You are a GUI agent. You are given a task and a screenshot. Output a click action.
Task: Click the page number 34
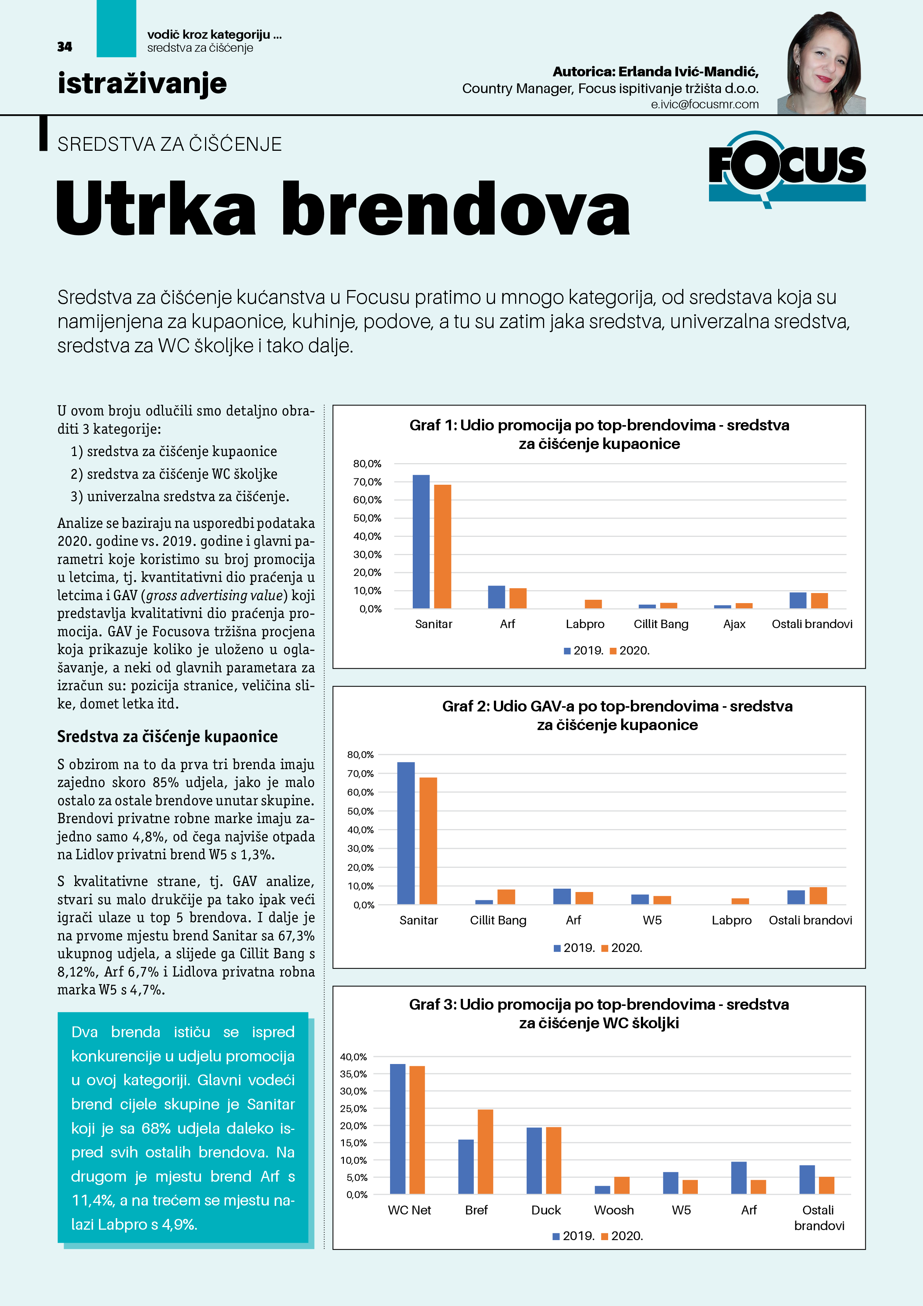pyautogui.click(x=65, y=47)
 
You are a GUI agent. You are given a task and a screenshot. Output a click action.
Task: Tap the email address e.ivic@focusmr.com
pyautogui.click(x=705, y=104)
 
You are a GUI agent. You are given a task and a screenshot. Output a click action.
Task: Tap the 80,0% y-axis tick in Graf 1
pyautogui.click(x=367, y=464)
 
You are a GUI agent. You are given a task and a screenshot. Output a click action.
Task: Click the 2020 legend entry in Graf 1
pyautogui.click(x=630, y=650)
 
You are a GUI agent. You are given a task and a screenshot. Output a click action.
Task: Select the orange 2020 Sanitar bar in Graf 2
pyautogui.click(x=428, y=840)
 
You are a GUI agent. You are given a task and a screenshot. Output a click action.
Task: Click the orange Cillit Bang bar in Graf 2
pyautogui.click(x=506, y=896)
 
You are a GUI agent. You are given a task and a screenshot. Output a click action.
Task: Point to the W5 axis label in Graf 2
pyautogui.click(x=652, y=920)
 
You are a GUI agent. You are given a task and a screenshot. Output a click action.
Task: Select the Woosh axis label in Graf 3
pyautogui.click(x=614, y=1210)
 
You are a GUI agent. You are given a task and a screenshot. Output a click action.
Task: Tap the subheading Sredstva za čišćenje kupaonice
pyautogui.click(x=167, y=737)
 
